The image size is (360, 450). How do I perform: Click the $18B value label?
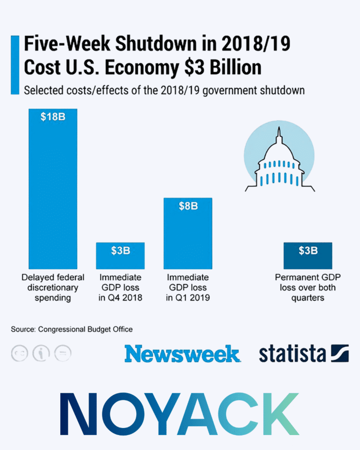point(53,117)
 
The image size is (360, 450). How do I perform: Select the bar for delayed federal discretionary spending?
point(53,193)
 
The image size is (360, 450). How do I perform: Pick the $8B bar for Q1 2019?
point(188,237)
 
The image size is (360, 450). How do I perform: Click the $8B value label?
point(188,206)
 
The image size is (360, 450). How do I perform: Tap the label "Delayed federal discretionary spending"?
point(53,288)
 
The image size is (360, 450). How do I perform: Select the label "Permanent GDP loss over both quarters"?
point(308,288)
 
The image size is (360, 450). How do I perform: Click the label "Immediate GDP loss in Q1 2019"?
point(188,288)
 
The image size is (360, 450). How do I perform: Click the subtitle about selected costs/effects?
point(164,91)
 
